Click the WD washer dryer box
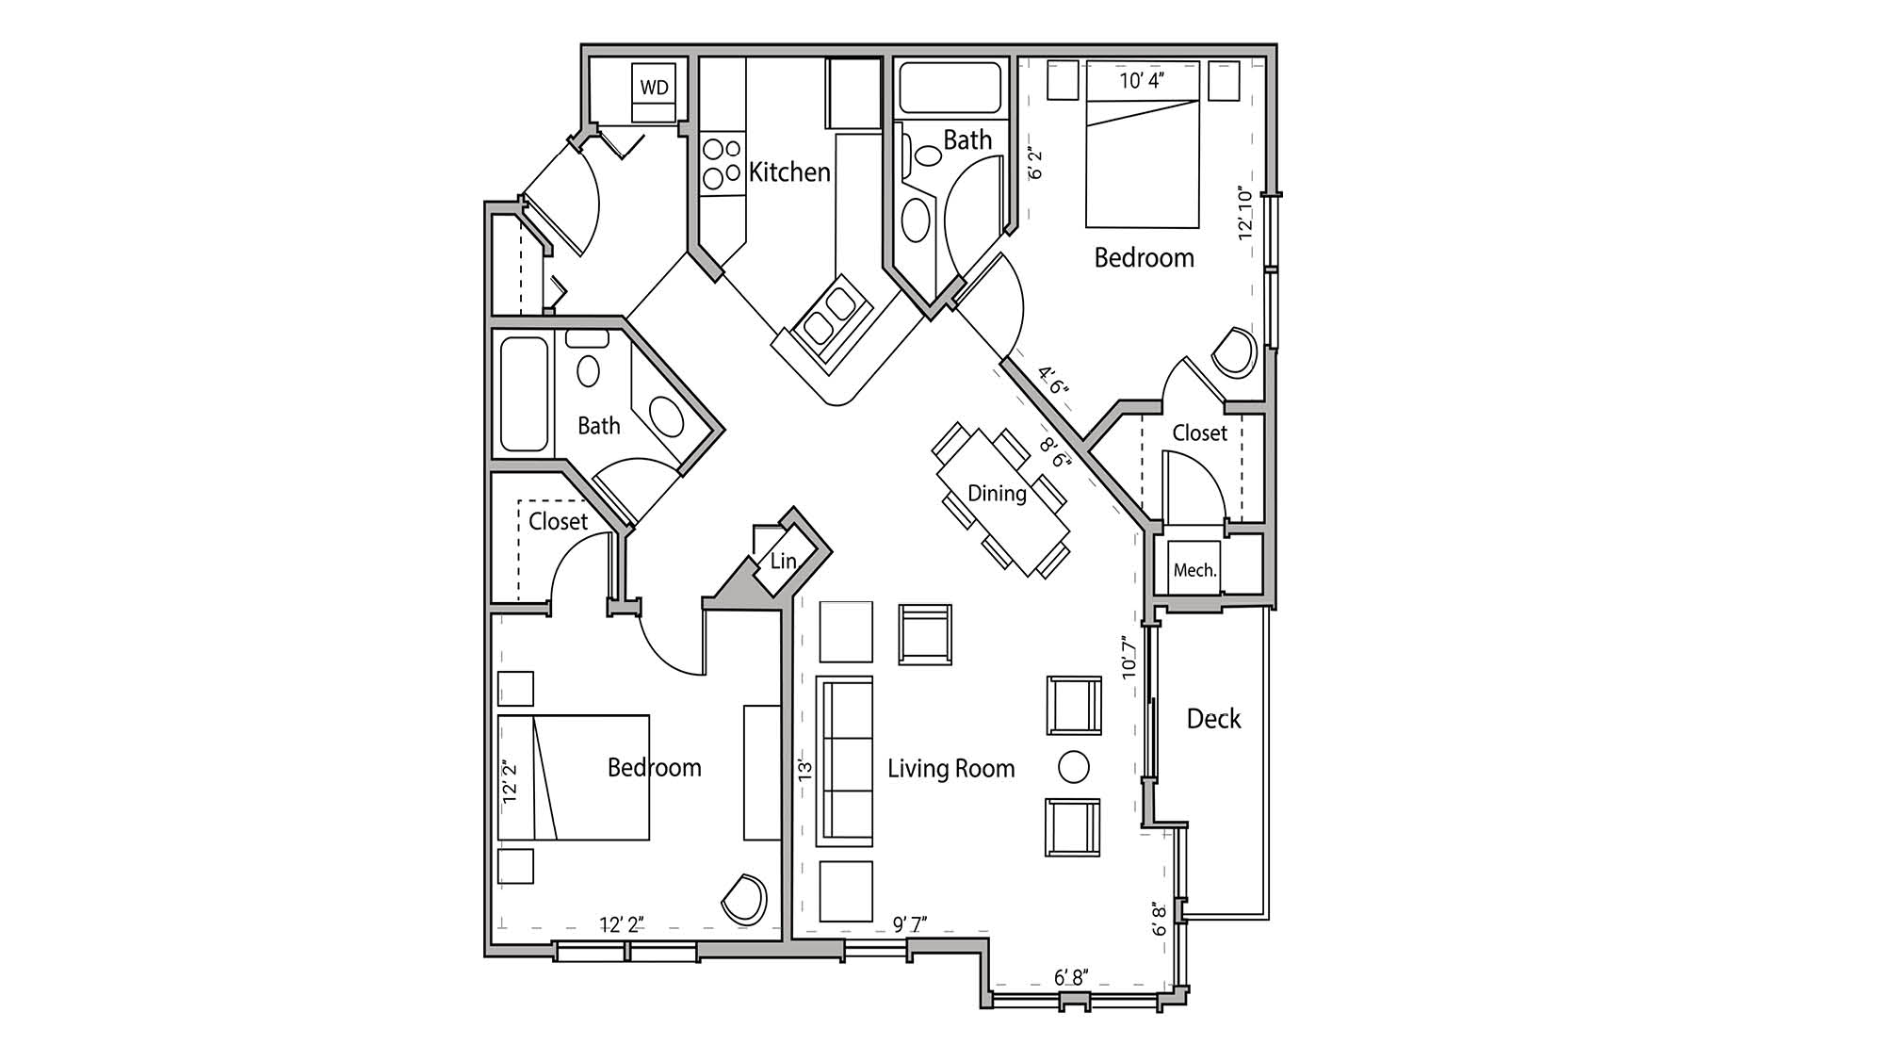(x=654, y=88)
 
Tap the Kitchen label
(x=789, y=172)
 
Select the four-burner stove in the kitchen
(x=723, y=163)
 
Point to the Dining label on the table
(x=997, y=494)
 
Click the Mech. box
(x=1194, y=569)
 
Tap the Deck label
(x=1213, y=719)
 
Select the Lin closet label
(x=783, y=562)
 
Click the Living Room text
(x=950, y=769)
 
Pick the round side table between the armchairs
(x=1074, y=766)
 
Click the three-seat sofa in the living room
(x=844, y=761)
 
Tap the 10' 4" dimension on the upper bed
(x=1142, y=81)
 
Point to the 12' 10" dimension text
(x=1246, y=215)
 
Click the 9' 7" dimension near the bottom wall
(x=910, y=924)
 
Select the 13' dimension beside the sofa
(x=804, y=768)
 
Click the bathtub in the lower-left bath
(x=524, y=394)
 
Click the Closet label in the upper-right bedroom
(x=1199, y=433)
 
